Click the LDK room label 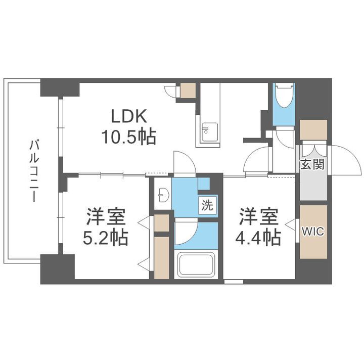(129, 117)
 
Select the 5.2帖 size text (106, 237)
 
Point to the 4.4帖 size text (259, 237)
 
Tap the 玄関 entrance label (313, 164)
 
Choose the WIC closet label (313, 231)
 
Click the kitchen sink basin (207, 132)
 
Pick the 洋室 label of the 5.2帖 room (106, 217)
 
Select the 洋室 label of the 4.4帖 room (259, 217)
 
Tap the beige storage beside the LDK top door (188, 90)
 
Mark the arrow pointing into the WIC (290, 224)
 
